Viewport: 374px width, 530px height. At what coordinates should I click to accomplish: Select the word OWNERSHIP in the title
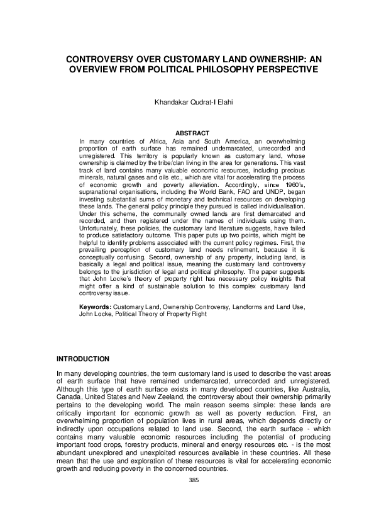point(259,58)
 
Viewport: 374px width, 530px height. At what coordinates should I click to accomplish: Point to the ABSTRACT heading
point(187,133)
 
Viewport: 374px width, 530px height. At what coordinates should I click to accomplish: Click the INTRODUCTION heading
point(82,359)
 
